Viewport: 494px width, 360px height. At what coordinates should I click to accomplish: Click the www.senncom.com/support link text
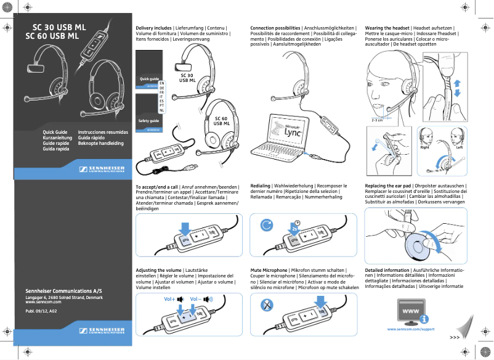pos(411,329)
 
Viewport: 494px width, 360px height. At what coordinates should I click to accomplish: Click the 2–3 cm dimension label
pos(376,120)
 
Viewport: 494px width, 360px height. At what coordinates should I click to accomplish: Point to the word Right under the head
pos(425,148)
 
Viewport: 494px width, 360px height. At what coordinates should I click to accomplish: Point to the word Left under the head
pos(459,148)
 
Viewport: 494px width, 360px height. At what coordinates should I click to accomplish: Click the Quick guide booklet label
pos(149,80)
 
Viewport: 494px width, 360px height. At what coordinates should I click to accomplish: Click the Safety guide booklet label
pos(149,121)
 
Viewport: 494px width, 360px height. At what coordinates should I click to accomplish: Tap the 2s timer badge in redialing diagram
pos(295,227)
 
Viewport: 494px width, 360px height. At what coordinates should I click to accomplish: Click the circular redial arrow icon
pos(266,226)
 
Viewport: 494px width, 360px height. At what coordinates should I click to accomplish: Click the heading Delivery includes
pos(153,28)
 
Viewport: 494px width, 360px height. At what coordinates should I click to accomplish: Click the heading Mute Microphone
pos(269,271)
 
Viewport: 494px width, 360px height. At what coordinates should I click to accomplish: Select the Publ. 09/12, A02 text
pos(41,313)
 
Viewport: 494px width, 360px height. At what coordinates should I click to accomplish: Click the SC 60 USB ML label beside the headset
pos(221,121)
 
